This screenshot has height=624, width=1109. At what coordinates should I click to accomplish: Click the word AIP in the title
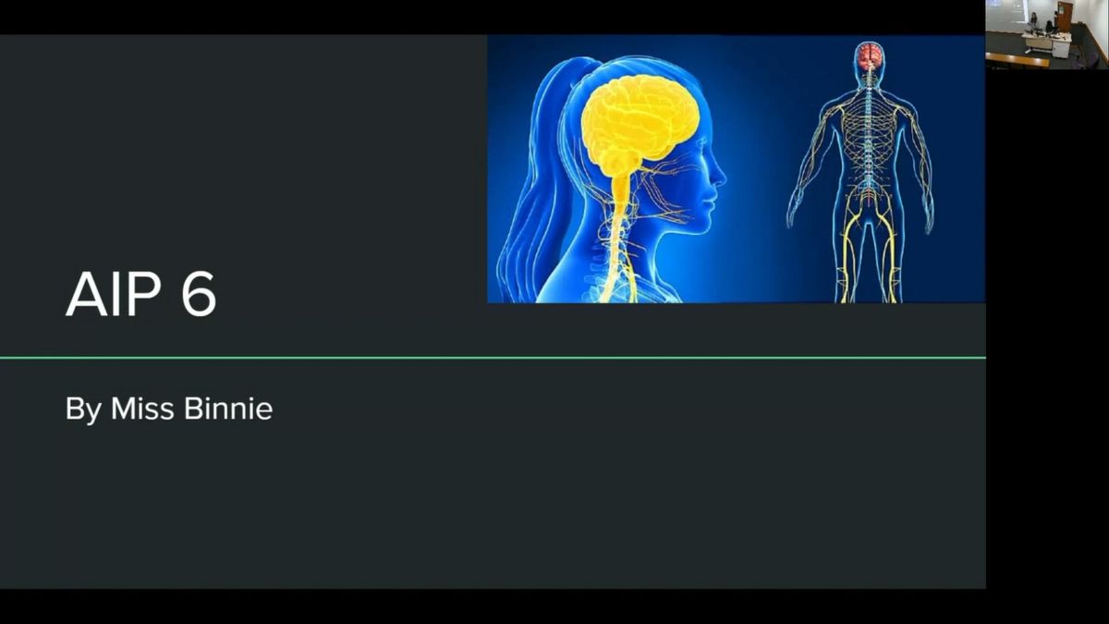point(114,294)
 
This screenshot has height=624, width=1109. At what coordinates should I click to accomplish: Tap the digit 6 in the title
point(199,294)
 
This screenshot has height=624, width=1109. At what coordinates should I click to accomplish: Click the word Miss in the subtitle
point(142,409)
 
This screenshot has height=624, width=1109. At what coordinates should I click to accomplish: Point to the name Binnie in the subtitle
point(228,409)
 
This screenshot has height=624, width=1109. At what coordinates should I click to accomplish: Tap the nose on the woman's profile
point(720,176)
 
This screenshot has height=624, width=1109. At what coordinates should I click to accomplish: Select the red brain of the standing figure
point(870,56)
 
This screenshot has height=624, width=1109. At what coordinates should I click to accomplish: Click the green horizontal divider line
point(493,357)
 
